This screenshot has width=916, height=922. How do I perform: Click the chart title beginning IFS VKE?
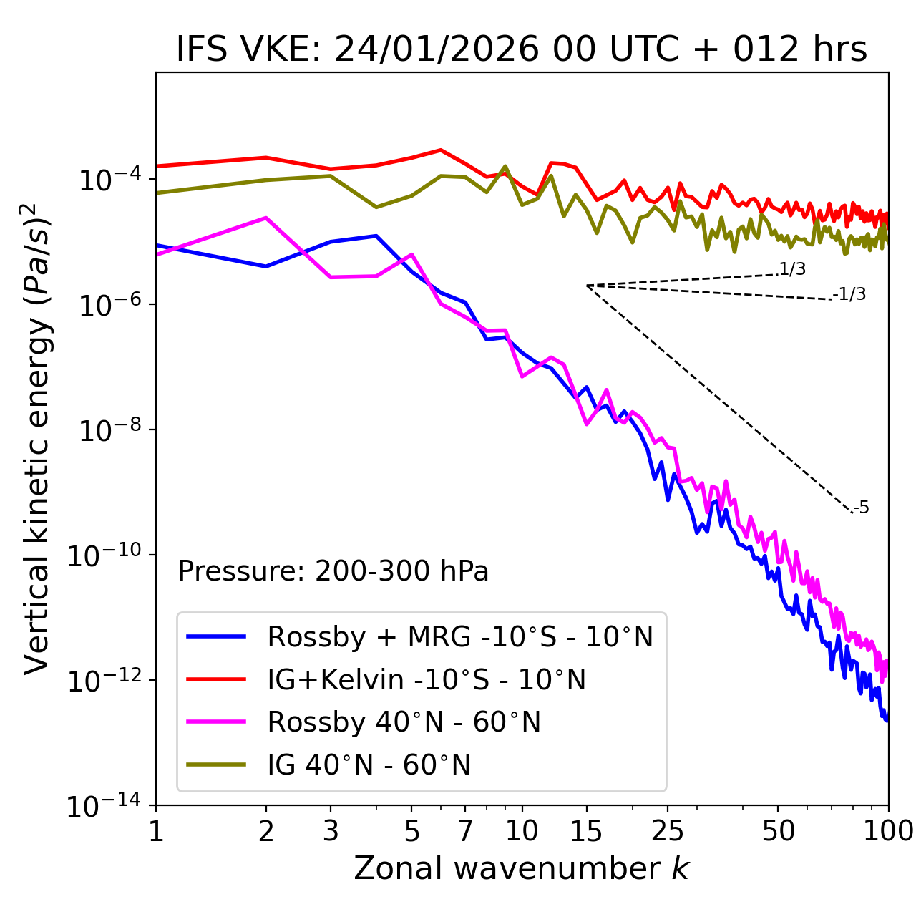tap(522, 49)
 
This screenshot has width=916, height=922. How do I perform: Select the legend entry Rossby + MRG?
tap(460, 636)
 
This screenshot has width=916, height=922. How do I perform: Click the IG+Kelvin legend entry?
tap(427, 679)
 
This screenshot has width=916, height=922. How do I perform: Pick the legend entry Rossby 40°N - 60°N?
tap(404, 722)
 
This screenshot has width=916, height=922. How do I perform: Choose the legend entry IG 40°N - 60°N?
tap(369, 765)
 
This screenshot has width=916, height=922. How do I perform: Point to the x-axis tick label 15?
tap(586, 831)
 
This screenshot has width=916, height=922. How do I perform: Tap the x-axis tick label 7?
tap(465, 831)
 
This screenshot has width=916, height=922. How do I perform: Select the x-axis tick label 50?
tap(778, 831)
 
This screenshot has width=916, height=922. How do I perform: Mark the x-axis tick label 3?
tap(331, 831)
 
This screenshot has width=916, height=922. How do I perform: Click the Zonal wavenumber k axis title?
tap(522, 868)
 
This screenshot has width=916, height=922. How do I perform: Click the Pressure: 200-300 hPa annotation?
tap(333, 571)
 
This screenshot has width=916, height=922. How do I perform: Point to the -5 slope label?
tap(862, 508)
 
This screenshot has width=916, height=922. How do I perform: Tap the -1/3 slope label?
tap(850, 294)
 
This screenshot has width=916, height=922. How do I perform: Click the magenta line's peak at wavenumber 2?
tap(266, 218)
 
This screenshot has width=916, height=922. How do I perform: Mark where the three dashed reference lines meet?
tap(587, 286)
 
